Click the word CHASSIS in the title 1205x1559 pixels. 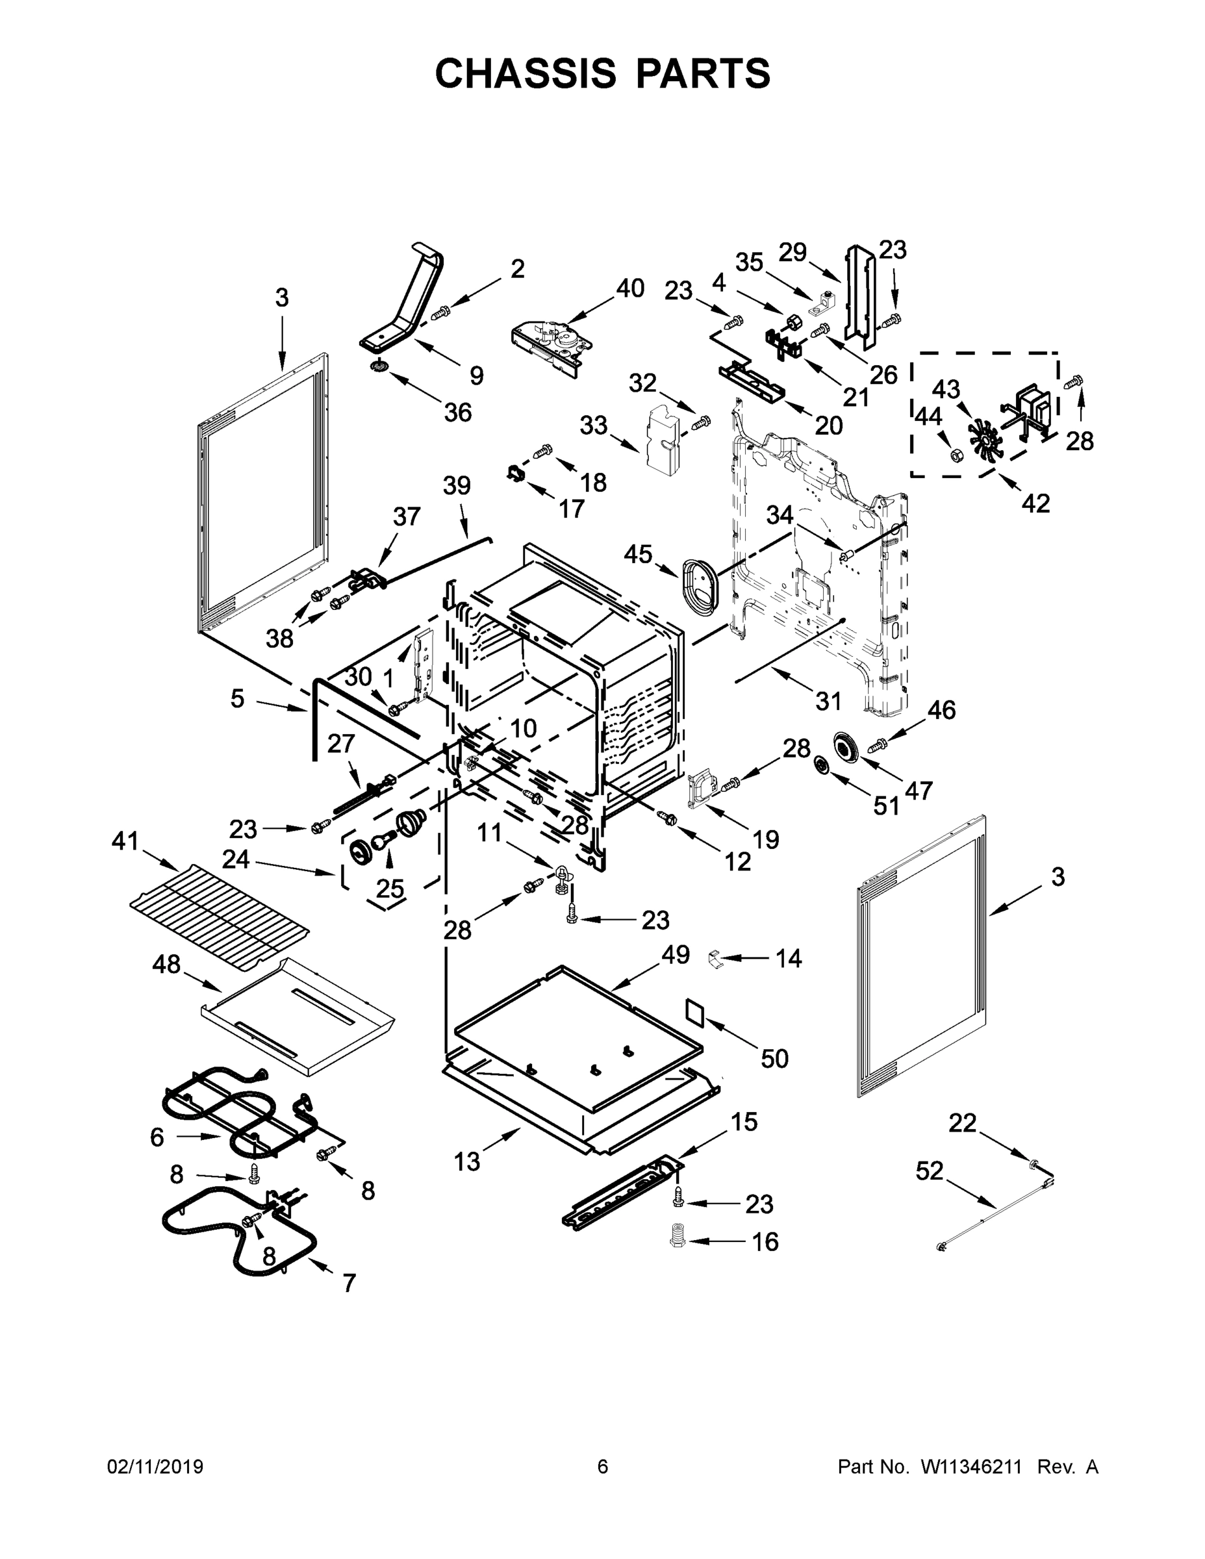pos(526,73)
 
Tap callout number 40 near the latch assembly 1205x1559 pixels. pos(629,288)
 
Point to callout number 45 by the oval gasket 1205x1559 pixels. pos(637,553)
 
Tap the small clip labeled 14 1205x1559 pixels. pos(715,958)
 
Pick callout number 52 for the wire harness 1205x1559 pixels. pos(929,1171)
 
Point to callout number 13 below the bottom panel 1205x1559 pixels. pos(467,1161)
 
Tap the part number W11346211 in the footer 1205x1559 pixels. pos(973,1466)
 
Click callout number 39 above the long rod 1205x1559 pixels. pos(457,485)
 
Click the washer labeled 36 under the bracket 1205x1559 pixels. pos(379,367)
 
